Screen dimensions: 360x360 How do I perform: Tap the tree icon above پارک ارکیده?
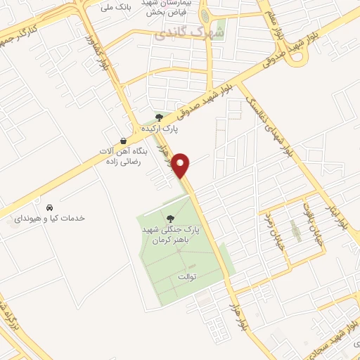point(160,117)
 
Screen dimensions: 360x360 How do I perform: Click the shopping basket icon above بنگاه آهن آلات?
point(124,141)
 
